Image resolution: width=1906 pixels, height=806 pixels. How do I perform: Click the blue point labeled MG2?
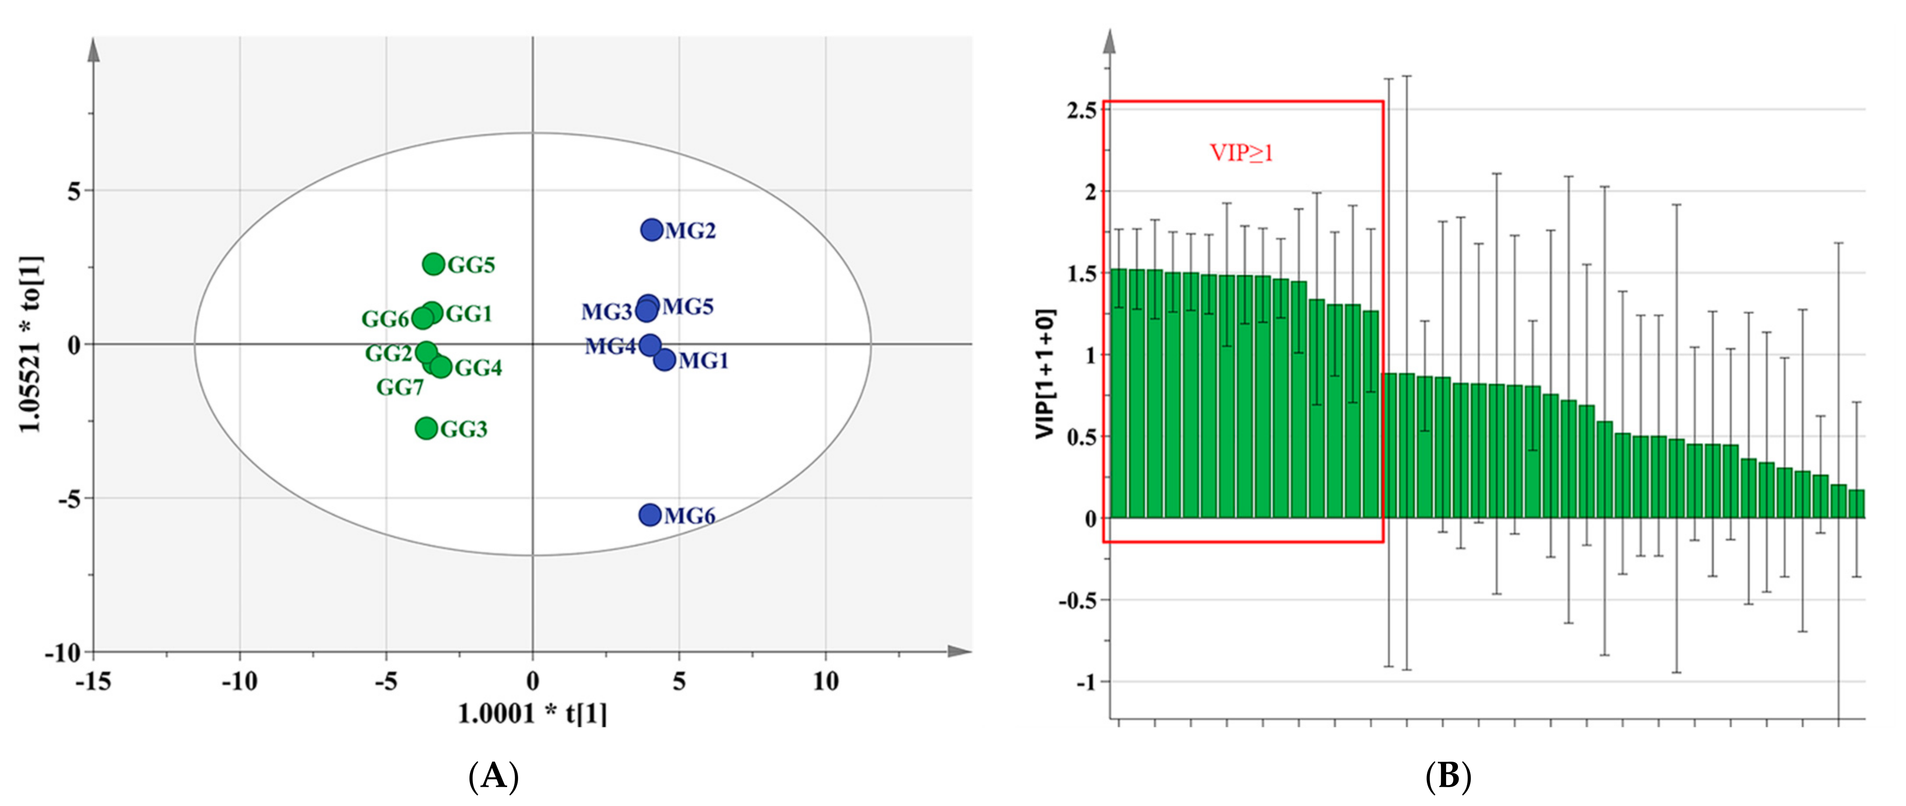click(651, 230)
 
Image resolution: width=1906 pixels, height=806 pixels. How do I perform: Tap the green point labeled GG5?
click(434, 264)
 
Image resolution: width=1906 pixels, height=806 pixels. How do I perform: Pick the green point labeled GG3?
click(426, 428)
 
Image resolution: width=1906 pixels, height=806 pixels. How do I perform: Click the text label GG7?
click(399, 387)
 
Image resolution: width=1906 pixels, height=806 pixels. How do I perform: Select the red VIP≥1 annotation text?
click(1241, 153)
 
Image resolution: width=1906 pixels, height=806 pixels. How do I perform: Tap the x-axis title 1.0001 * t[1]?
click(532, 714)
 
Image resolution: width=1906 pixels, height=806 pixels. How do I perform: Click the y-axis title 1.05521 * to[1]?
click(31, 344)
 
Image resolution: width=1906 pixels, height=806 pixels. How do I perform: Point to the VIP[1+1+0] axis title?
click(1045, 374)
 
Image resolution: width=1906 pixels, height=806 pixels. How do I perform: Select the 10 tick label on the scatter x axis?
click(825, 681)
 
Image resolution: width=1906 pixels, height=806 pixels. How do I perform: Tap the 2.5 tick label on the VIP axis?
click(1082, 110)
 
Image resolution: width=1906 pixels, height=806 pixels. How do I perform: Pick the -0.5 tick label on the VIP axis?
click(1077, 600)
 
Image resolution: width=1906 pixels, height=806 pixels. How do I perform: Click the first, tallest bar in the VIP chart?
click(1119, 393)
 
